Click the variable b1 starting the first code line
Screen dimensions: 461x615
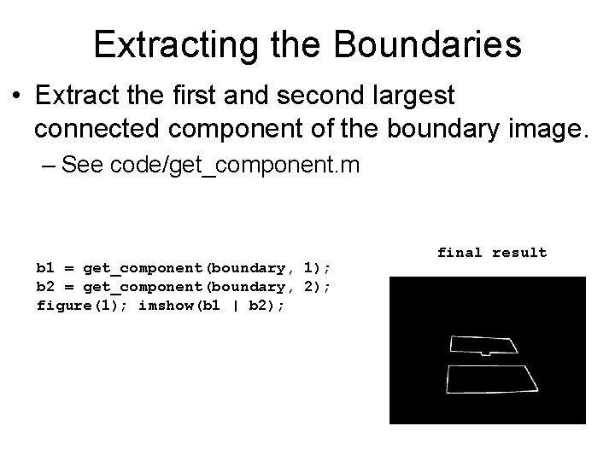[x=44, y=267]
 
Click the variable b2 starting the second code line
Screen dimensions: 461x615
[x=44, y=286]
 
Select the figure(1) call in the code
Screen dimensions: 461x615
[x=79, y=305]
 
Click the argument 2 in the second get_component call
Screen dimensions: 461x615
[x=309, y=286]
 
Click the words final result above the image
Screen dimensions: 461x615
[x=491, y=253]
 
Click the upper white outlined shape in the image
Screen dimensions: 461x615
[x=483, y=344]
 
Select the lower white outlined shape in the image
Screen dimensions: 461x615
[x=491, y=378]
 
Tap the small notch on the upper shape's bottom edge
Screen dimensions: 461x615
[x=484, y=353]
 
